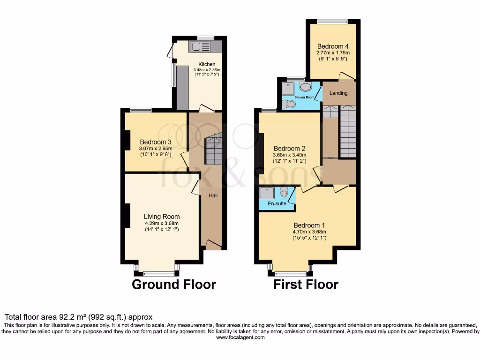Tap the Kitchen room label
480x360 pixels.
pyautogui.click(x=207, y=64)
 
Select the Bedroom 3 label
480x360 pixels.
pyautogui.click(x=156, y=142)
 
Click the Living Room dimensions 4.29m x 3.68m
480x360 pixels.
pyautogui.click(x=162, y=223)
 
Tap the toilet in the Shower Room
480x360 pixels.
pyautogui.click(x=289, y=104)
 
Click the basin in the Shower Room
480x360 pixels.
pyautogui.click(x=306, y=87)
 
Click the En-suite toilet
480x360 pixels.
pyautogui.click(x=284, y=193)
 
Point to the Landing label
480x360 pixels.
pyautogui.click(x=338, y=93)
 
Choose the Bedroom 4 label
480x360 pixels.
pyautogui.click(x=333, y=46)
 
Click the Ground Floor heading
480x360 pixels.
pyautogui.click(x=174, y=284)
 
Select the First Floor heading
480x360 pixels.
pyautogui.click(x=306, y=284)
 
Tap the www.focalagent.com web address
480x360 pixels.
pyautogui.click(x=240, y=337)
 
